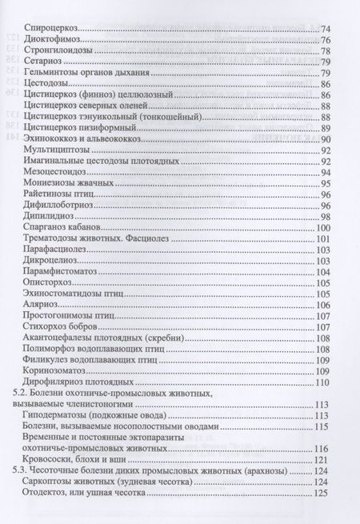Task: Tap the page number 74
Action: tap(327, 29)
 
